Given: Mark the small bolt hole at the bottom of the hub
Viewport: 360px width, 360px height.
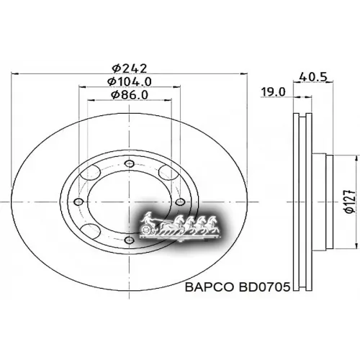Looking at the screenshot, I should (129, 240).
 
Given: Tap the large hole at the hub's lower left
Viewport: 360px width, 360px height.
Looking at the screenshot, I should (91, 230).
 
